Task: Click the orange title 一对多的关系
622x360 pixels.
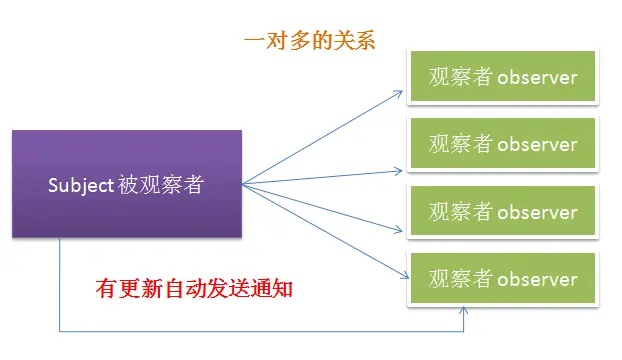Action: tap(309, 41)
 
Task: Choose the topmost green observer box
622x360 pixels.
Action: tap(503, 76)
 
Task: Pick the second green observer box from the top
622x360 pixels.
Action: tap(503, 144)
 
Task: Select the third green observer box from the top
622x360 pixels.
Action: tap(503, 212)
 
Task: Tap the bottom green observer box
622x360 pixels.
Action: tap(503, 278)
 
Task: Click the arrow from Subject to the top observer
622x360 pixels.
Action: tap(320, 136)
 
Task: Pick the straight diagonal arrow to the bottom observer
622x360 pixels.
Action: tap(320, 226)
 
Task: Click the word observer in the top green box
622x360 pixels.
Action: tap(537, 77)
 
